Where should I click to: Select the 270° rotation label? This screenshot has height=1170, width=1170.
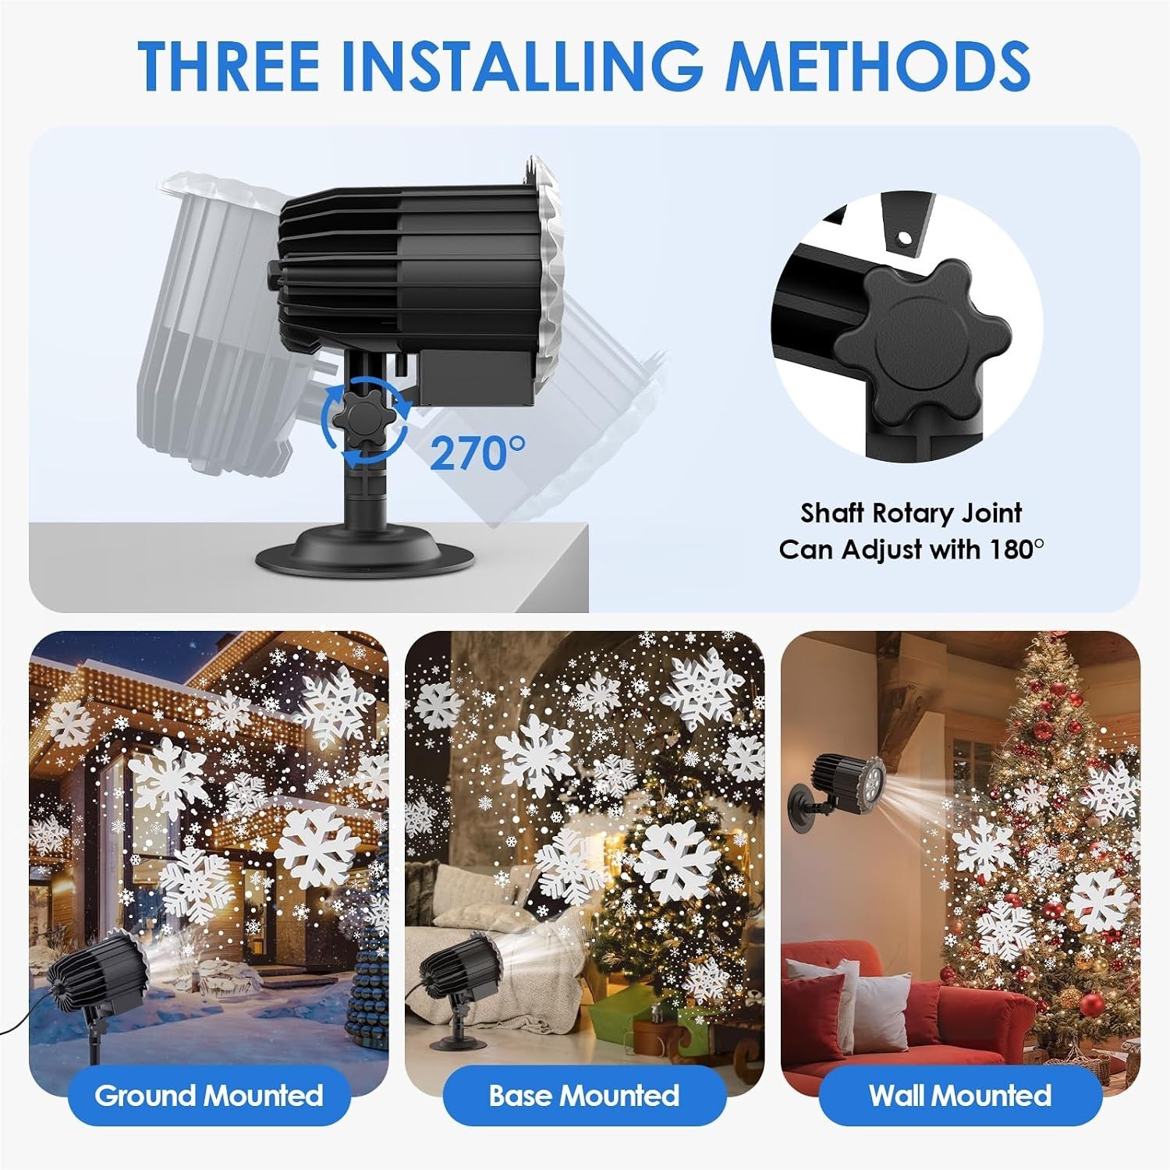[478, 452]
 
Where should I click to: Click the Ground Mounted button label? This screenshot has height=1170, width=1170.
[209, 1095]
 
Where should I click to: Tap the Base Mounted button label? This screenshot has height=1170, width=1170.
[584, 1095]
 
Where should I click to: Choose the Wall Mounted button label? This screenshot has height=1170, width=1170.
[960, 1095]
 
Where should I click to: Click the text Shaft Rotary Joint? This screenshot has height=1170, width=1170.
[911, 513]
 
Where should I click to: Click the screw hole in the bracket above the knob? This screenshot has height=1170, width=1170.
[904, 235]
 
